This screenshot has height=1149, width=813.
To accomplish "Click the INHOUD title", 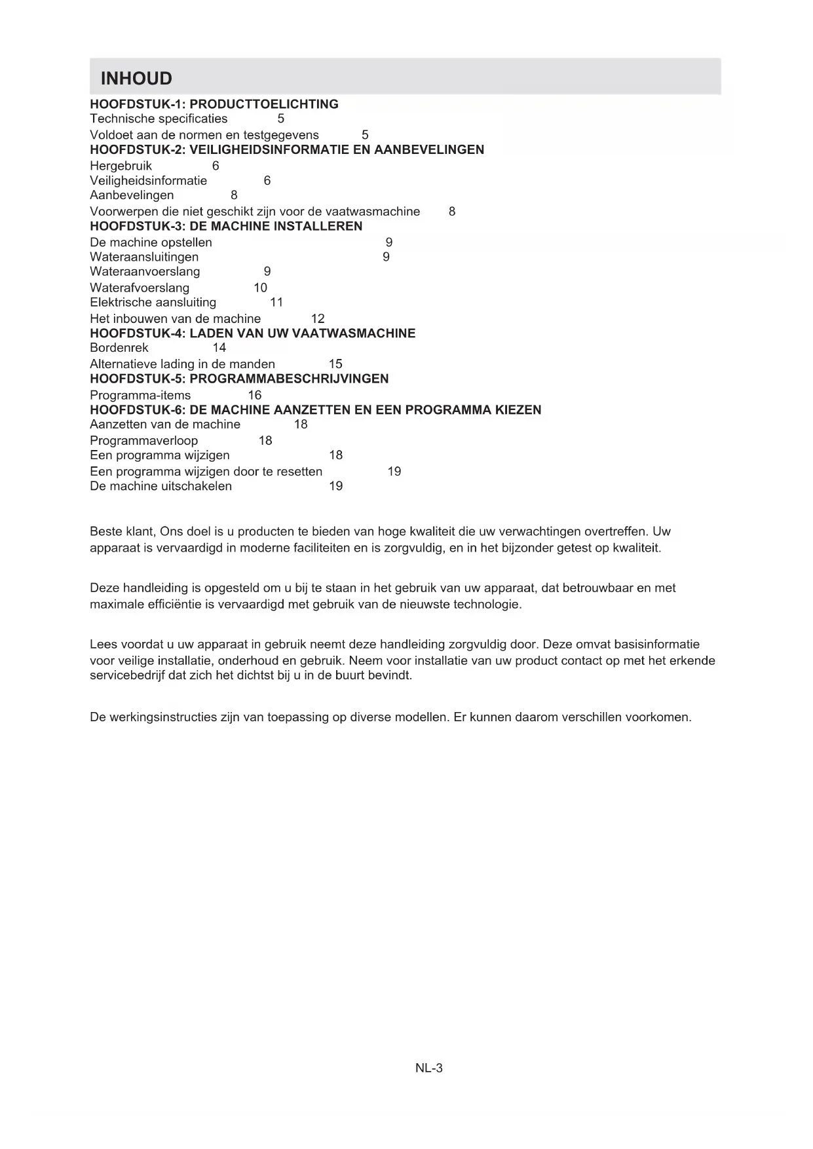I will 136,79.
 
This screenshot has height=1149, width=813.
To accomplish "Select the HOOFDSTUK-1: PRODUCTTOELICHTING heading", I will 214,104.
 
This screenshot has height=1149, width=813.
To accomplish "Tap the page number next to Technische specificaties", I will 281,119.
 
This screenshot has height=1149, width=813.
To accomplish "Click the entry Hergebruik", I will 121,166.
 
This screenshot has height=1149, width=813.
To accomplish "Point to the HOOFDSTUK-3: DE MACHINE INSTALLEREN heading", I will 226,226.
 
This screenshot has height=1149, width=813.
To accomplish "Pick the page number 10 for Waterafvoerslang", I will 260,288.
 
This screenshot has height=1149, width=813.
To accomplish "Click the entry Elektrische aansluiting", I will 153,302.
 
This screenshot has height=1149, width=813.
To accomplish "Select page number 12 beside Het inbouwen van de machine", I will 318,319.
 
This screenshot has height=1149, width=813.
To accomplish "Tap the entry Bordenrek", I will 119,348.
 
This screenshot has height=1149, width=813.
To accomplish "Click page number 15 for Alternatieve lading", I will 335,364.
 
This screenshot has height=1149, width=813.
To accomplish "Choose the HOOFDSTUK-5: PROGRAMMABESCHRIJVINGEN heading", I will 239,379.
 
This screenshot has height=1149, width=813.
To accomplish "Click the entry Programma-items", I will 140,395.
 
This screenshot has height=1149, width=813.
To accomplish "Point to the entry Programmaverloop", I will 143,441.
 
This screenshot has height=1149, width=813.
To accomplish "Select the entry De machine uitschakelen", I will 161,486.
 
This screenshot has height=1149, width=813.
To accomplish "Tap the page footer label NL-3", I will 429,1068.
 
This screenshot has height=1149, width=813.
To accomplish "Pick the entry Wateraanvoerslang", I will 145,271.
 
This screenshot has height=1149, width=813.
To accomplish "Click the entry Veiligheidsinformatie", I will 148,181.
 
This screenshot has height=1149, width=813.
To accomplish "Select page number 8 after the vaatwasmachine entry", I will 452,212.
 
